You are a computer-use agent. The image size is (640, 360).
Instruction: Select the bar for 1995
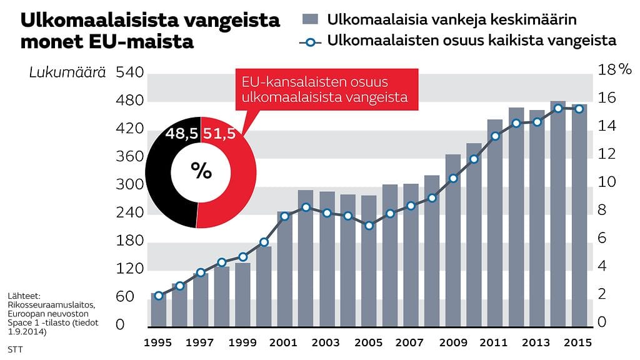point(158,309)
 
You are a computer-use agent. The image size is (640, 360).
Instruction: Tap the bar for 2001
point(284,269)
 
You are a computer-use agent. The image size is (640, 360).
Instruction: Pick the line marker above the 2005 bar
point(369,226)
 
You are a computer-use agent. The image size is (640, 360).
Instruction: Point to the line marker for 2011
point(495,136)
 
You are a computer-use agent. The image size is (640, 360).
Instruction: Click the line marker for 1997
point(201,272)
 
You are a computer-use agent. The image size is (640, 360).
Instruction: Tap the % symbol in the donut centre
point(201,171)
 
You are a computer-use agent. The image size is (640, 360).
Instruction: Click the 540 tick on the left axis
point(130,74)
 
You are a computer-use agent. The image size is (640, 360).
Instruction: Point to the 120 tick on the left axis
point(130,269)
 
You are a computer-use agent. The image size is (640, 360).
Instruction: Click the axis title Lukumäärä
point(67,74)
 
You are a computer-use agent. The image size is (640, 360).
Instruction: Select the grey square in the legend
point(310,19)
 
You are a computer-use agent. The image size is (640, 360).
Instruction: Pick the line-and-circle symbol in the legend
point(310,42)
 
